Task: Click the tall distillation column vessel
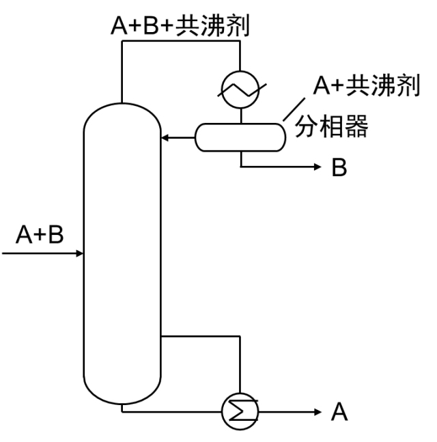pyautogui.click(x=122, y=253)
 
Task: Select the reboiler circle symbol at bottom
pyautogui.click(x=241, y=412)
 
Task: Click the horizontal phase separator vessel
pyautogui.click(x=239, y=137)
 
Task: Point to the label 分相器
pyautogui.click(x=333, y=128)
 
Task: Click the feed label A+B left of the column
pyautogui.click(x=40, y=234)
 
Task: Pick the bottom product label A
pyautogui.click(x=339, y=412)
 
